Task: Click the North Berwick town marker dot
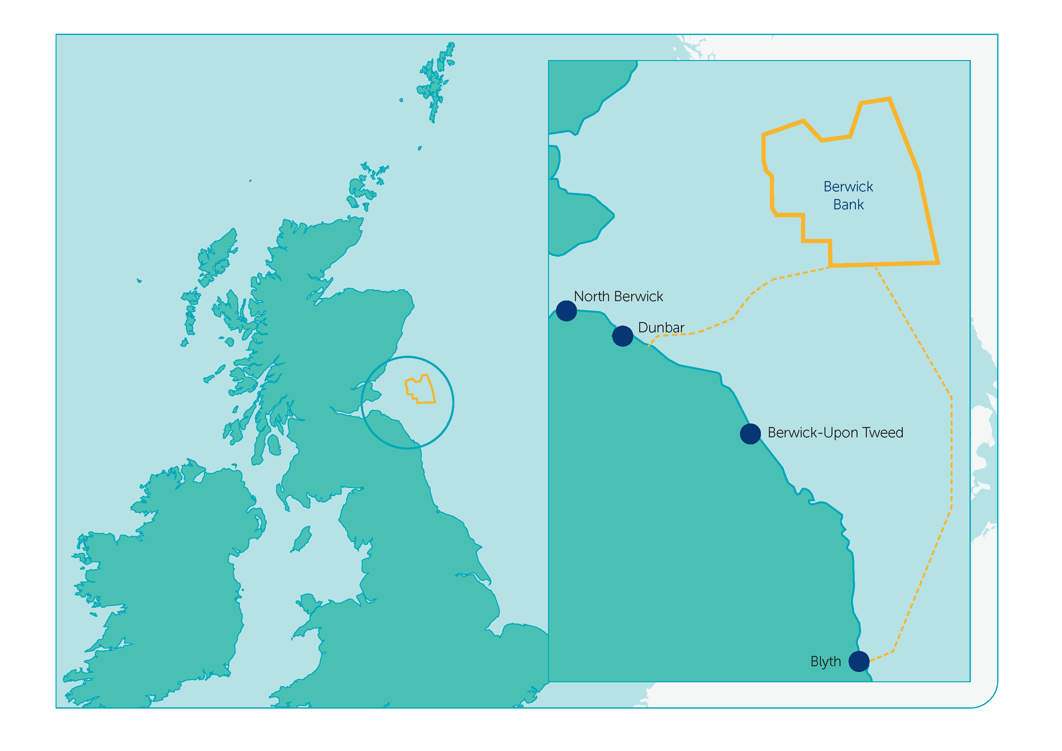pos(566,310)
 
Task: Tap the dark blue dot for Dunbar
pos(622,336)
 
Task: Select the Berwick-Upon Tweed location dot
pos(750,433)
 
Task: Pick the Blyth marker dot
pos(859,661)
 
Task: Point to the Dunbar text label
pos(661,327)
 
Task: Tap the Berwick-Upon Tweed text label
pos(835,432)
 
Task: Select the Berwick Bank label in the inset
pos(848,195)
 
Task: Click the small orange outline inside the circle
pos(420,389)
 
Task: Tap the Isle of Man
pos(301,539)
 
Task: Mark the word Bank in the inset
pos(848,205)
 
